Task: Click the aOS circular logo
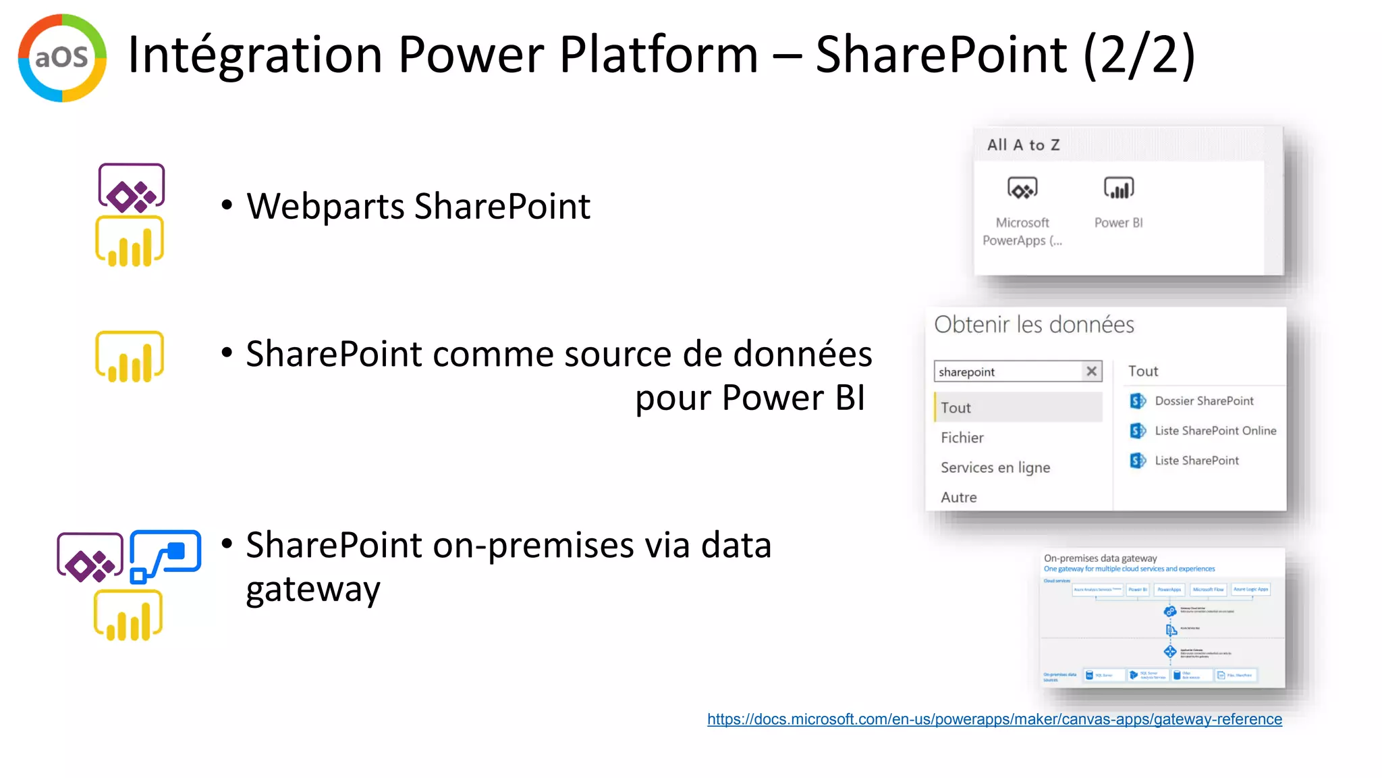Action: point(62,58)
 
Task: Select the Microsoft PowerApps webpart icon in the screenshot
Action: point(1022,188)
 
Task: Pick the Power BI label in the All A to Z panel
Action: point(1118,223)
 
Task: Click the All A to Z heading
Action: point(1023,145)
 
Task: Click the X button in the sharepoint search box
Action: point(1091,371)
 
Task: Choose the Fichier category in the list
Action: point(962,438)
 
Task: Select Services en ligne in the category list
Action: point(995,467)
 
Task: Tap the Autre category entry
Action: point(959,498)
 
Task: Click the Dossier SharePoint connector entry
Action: point(1204,401)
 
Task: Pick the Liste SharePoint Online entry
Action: point(1215,431)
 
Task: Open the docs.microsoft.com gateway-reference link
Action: point(994,719)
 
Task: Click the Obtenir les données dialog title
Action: point(1034,325)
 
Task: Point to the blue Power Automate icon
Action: point(165,555)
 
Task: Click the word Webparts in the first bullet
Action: point(325,207)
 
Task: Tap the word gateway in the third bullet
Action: point(313,590)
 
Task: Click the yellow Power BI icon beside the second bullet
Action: point(130,357)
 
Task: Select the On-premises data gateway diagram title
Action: point(1100,559)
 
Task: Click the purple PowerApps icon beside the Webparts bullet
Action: point(132,187)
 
